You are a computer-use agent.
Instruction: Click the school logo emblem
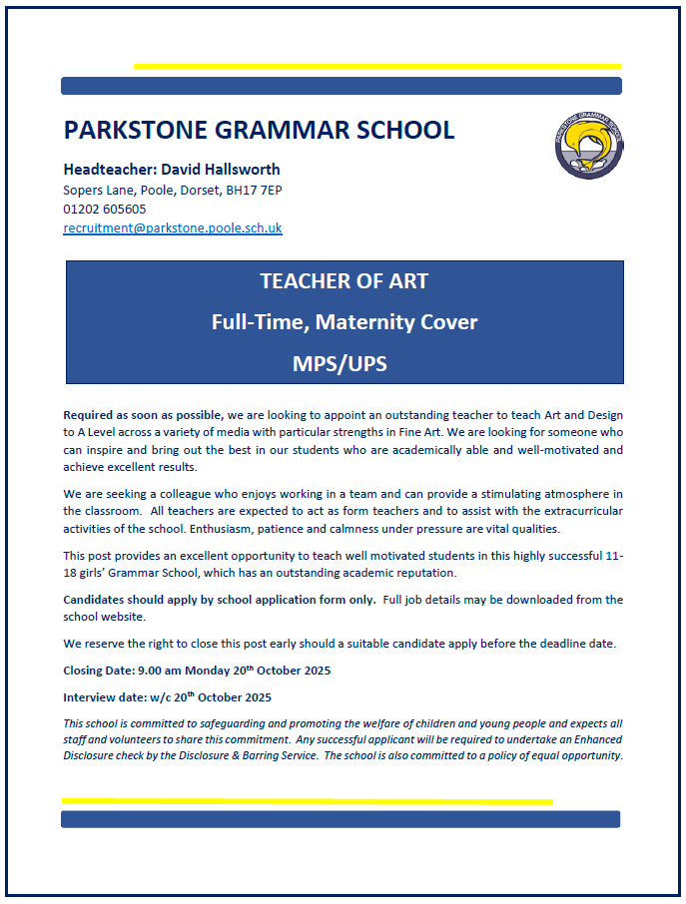pos(589,145)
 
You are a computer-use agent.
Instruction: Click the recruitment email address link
pos(173,227)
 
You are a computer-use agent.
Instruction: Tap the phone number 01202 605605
pos(105,209)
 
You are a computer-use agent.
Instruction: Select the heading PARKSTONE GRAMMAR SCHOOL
pos(259,130)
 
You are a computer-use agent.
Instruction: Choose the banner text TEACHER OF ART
pos(344,281)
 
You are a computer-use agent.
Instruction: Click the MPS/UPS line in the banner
pos(344,364)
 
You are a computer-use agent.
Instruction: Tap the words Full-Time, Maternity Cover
pos(344,322)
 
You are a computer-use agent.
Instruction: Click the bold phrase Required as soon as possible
pos(144,414)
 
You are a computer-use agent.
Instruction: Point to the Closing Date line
pos(197,671)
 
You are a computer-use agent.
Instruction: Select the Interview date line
pos(167,697)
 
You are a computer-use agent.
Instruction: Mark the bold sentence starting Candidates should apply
pos(219,600)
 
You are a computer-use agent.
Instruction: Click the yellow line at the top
pos(376,66)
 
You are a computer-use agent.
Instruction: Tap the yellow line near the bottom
pos(307,800)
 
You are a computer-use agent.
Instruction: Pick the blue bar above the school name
pos(342,86)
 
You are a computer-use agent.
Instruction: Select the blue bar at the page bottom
pos(341,819)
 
